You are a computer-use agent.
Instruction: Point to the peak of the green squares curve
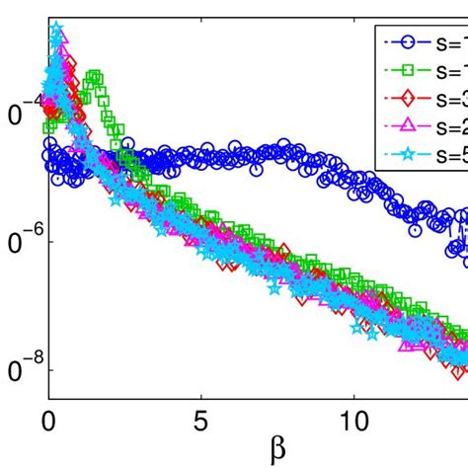pyautogui.click(x=94, y=76)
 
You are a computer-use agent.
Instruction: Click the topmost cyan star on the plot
pyautogui.click(x=56, y=31)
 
